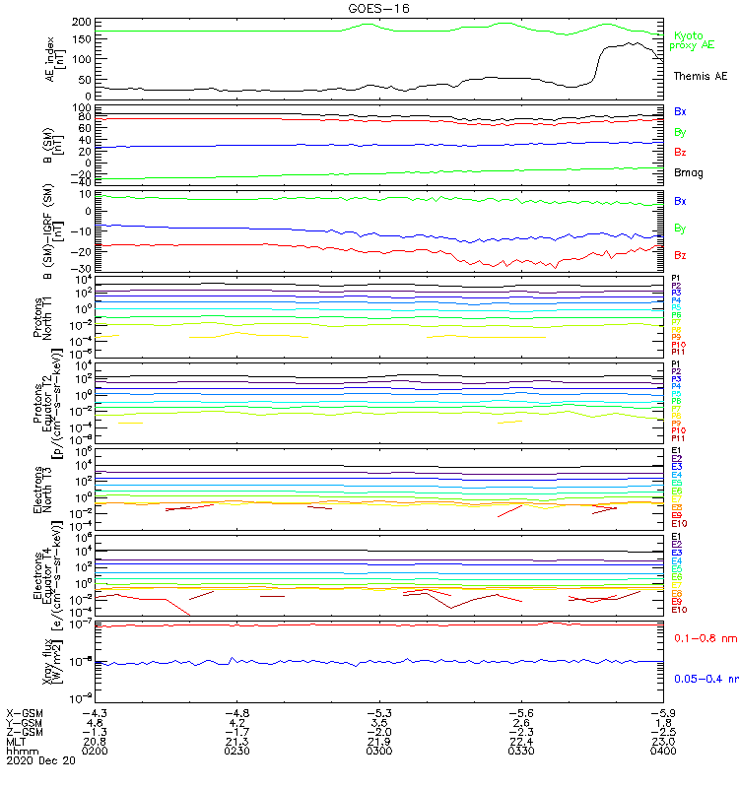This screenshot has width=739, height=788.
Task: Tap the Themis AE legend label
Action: point(701,76)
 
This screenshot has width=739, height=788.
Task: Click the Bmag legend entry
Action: point(688,172)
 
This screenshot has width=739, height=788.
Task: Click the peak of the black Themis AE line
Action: point(628,42)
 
